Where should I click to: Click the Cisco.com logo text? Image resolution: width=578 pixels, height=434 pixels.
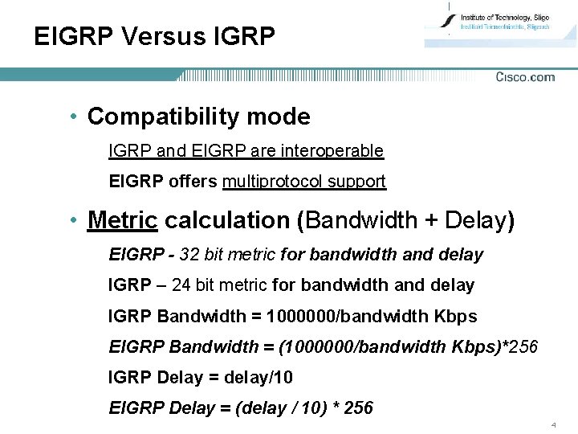coord(525,77)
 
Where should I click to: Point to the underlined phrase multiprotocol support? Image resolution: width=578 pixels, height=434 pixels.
coord(304,182)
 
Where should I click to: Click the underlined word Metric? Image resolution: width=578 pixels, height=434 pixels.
coord(123,219)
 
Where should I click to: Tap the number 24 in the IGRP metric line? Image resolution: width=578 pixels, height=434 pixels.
coord(181,285)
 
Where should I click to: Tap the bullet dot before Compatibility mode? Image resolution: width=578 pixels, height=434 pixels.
coord(73,117)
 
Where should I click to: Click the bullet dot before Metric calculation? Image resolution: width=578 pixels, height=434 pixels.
coord(73,220)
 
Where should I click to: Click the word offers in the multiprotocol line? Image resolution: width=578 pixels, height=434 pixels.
coord(193,182)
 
